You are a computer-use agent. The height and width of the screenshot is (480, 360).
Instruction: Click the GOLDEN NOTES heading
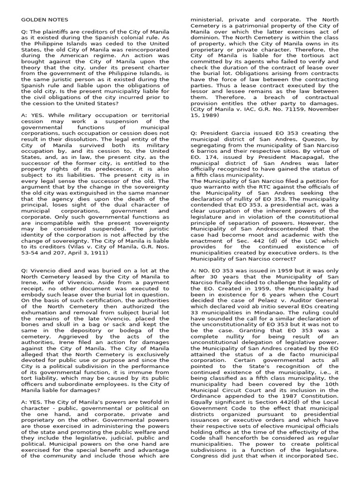pyautogui.click(x=45, y=20)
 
